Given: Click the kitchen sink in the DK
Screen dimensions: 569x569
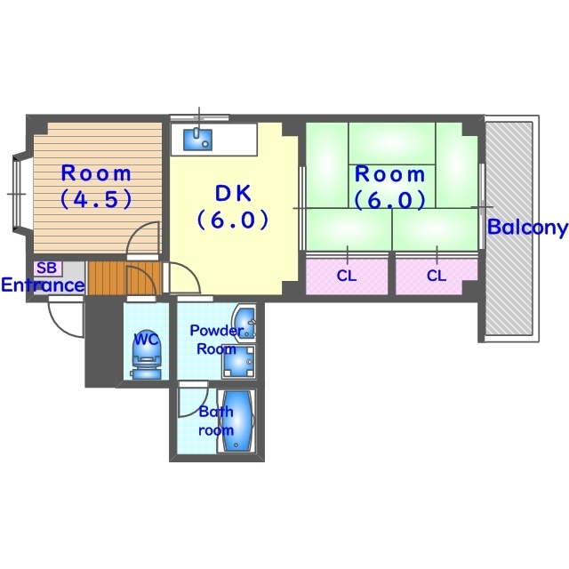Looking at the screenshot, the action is pos(197,140).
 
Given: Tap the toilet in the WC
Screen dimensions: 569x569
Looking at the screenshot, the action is pos(146,359).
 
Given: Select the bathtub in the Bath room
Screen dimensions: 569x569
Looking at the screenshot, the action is pos(236,421).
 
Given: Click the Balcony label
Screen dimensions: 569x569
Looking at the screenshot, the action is pos(527,228).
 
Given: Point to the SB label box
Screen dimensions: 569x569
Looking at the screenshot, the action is pos(47,268).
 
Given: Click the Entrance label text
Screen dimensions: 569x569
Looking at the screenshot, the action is pos(43,285).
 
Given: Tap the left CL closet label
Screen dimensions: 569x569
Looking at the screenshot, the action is pos(347,276).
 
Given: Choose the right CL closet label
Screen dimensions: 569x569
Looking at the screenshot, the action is pos(437,276).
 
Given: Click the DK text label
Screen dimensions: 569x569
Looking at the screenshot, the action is pos(233,194).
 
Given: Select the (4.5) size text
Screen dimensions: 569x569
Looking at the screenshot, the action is pos(96,199).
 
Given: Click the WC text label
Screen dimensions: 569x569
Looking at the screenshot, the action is pos(147,340).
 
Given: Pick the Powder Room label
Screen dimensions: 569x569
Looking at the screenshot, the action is pos(216,340).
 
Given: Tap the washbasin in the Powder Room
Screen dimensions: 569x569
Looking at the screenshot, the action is pos(244,323).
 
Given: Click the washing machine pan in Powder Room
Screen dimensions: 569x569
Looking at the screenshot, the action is pos(239,362).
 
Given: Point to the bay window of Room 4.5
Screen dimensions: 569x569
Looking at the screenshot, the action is pos(20,194).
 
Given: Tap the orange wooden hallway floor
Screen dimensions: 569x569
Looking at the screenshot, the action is pos(124,278).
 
